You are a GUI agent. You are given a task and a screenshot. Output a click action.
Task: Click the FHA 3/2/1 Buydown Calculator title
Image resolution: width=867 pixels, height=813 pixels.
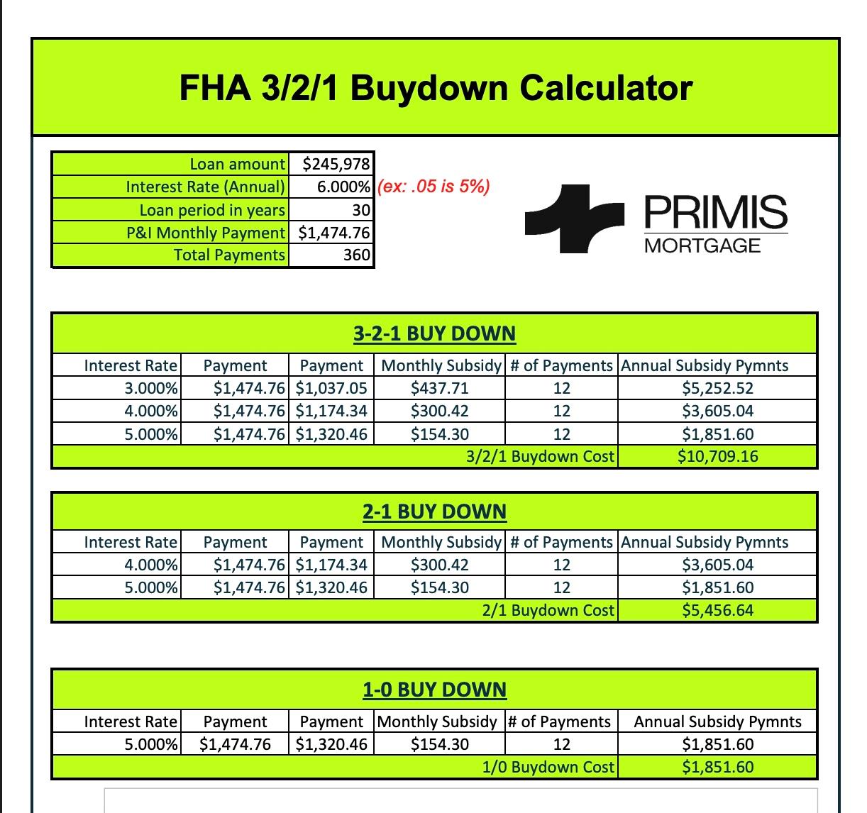435,88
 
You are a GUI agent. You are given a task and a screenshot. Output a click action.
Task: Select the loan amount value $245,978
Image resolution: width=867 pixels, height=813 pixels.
336,164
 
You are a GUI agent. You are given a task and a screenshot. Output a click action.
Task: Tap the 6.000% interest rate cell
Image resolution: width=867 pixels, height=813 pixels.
343,187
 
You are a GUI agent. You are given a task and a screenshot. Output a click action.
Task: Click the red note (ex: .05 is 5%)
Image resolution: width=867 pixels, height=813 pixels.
433,187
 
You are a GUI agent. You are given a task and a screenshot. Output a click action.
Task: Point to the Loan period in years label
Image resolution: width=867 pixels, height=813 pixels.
212,210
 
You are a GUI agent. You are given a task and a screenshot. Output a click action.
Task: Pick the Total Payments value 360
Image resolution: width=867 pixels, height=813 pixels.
357,255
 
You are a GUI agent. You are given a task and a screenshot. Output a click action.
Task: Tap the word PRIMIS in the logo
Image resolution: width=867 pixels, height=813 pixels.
716,211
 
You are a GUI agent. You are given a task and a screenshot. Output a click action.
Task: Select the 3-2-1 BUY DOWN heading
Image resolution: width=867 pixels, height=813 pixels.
434,333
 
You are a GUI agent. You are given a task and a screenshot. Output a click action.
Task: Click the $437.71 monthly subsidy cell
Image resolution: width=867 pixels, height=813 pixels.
439,388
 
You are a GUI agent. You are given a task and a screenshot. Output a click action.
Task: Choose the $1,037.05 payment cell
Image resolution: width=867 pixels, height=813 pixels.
331,388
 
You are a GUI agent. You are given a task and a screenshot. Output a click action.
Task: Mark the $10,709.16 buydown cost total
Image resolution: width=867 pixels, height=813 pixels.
717,456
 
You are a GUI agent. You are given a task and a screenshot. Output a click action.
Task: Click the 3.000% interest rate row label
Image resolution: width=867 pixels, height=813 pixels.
151,388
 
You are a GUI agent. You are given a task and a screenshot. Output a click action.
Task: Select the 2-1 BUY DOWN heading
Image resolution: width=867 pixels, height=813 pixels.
434,511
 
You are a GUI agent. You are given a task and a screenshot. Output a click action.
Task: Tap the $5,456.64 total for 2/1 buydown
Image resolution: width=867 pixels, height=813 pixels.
717,610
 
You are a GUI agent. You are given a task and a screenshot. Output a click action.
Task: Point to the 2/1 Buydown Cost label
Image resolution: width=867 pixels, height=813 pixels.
548,610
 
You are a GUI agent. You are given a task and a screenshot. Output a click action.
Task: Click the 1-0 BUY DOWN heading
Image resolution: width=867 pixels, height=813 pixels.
434,690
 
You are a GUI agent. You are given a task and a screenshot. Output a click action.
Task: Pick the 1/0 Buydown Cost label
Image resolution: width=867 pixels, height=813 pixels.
548,767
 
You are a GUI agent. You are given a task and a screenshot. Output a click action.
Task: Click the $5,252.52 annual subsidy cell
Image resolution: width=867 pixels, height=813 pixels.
717,388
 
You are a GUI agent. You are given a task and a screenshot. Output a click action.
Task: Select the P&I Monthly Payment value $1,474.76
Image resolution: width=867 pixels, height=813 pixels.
333,233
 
